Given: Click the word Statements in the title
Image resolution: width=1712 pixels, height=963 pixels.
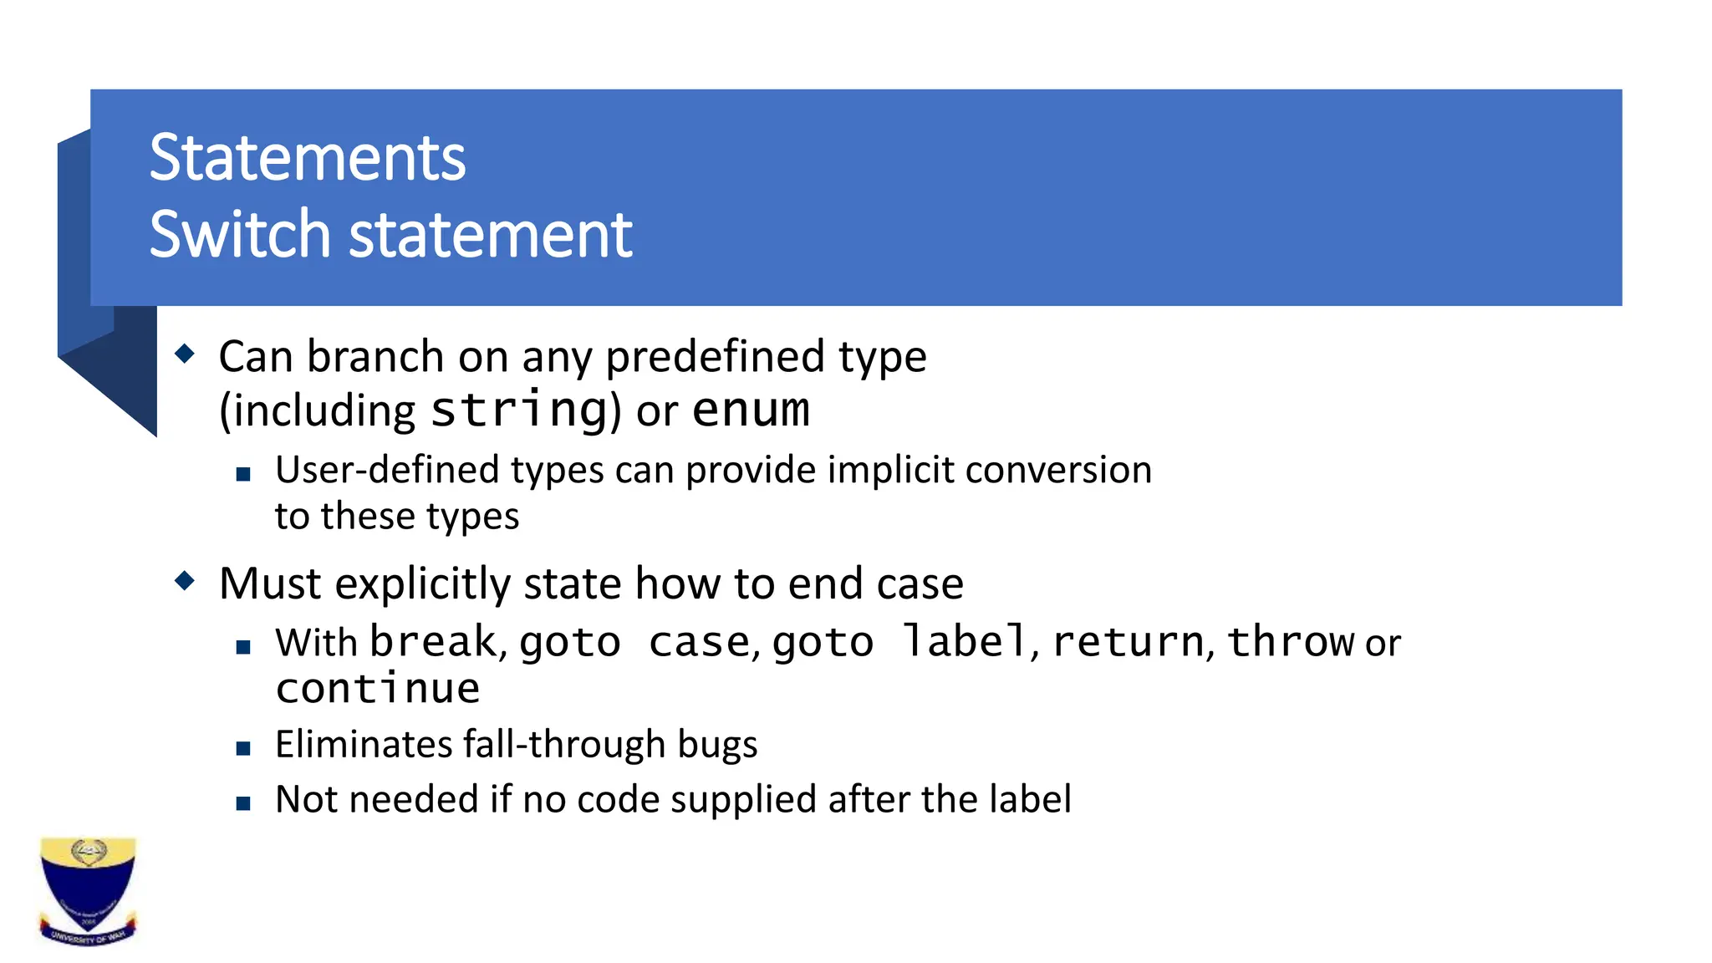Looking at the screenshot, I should pyautogui.click(x=307, y=158).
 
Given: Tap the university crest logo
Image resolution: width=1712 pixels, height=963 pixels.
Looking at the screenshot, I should pyautogui.click(x=88, y=891).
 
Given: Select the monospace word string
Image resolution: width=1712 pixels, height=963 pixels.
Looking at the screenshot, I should pyautogui.click(x=521, y=410).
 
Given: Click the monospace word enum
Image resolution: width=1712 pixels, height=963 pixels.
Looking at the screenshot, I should pyautogui.click(x=751, y=410).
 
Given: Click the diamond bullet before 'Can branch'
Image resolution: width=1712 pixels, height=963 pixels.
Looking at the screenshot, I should pyautogui.click(x=186, y=354).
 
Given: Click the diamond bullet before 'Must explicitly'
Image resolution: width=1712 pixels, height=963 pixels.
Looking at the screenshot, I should pyautogui.click(x=186, y=580).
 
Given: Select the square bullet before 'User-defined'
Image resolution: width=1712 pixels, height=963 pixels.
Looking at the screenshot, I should pyautogui.click(x=243, y=475).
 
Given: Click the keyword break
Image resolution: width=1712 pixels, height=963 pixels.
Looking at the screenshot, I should pyautogui.click(x=433, y=642).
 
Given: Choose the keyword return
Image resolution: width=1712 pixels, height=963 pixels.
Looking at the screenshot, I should pyautogui.click(x=1128, y=642).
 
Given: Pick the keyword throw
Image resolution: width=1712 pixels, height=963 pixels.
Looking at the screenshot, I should pyautogui.click(x=1290, y=642).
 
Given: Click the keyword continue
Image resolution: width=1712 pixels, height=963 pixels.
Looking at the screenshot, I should pyautogui.click(x=378, y=689).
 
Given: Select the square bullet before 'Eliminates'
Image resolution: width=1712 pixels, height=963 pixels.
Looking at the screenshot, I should pyautogui.click(x=243, y=749).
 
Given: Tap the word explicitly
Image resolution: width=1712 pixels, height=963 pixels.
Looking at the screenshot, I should pyautogui.click(x=422, y=583).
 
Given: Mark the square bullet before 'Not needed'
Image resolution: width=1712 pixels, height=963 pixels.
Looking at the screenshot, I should pyautogui.click(x=243, y=804).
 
